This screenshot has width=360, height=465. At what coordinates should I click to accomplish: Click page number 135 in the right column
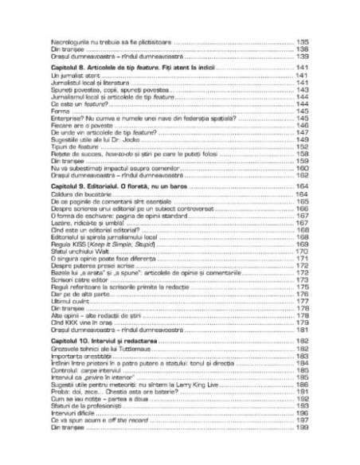click(x=301, y=40)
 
